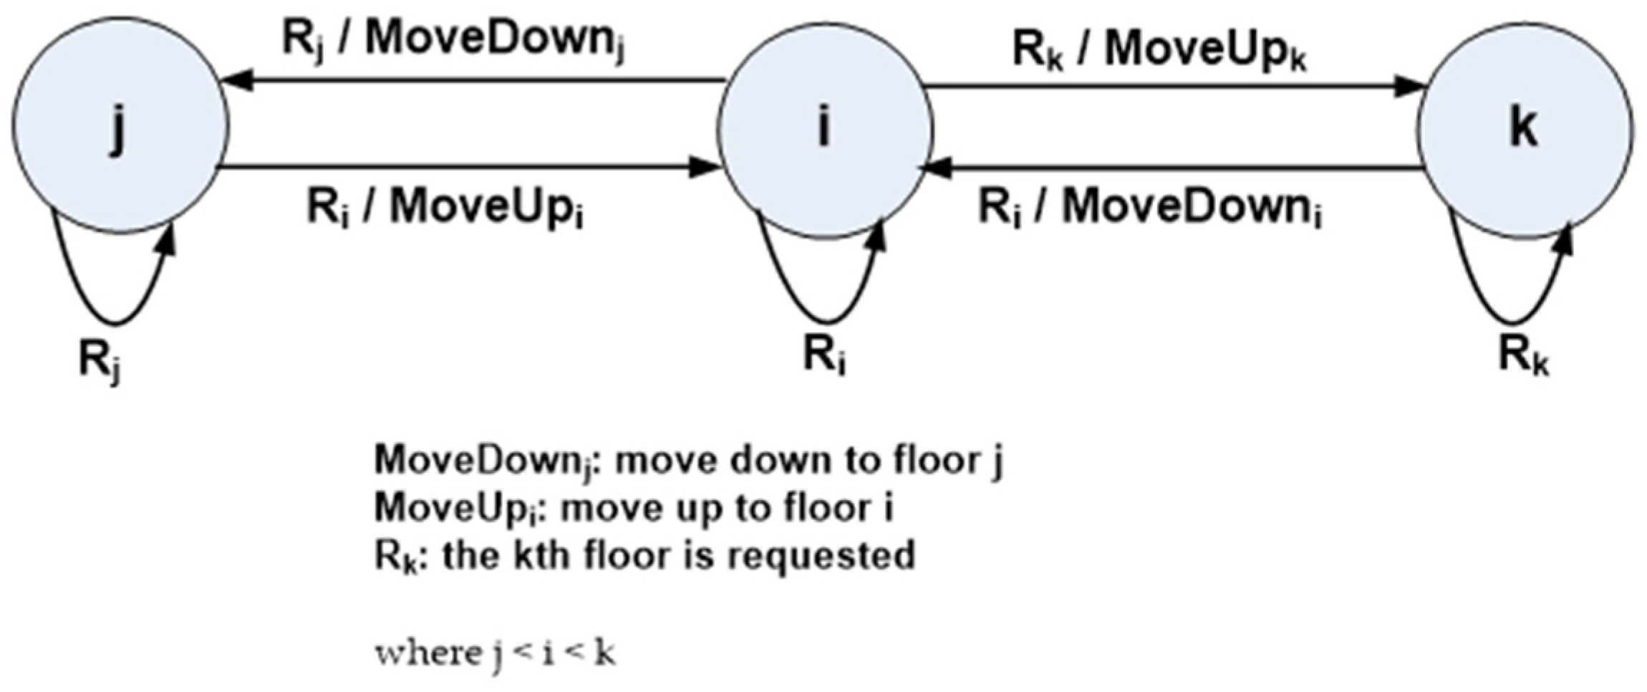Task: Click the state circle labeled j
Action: coord(120,126)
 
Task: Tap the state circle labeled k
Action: coord(1525,129)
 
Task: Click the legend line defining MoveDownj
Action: coord(687,460)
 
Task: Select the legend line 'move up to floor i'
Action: coord(634,509)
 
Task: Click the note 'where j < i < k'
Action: coord(495,653)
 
